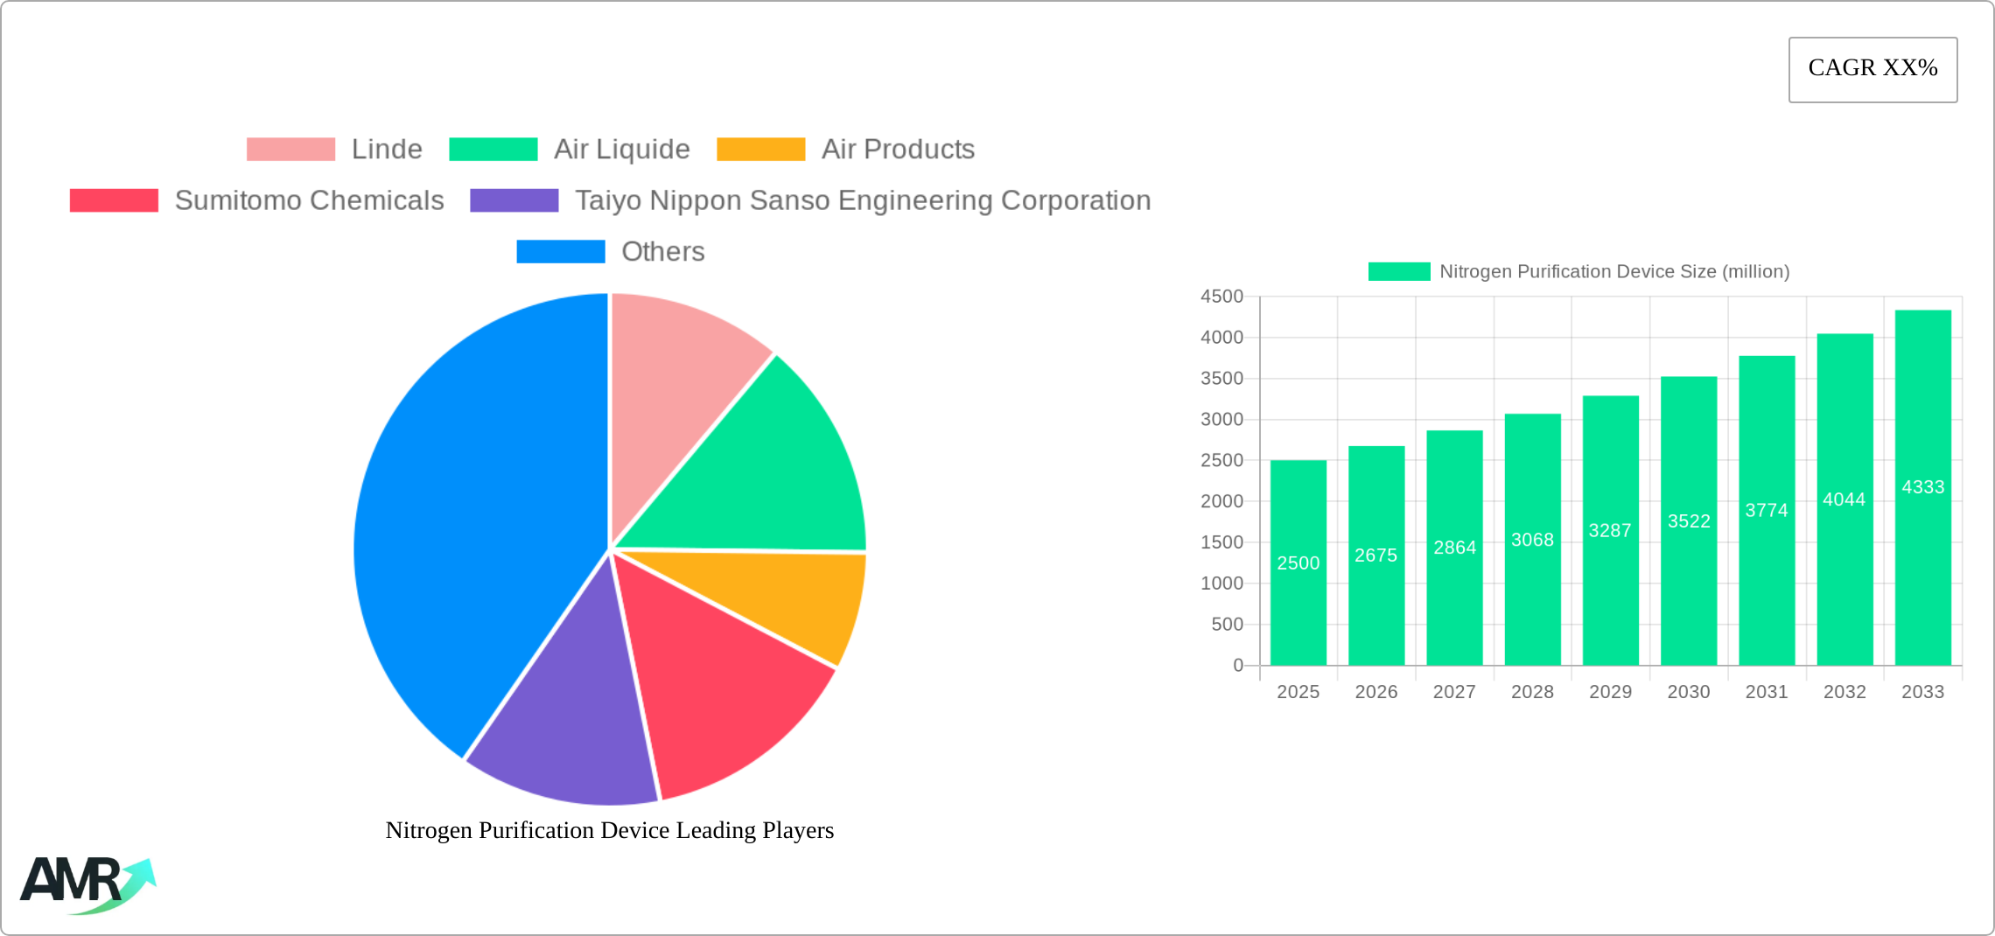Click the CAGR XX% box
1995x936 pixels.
(x=1872, y=69)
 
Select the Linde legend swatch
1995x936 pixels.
(x=290, y=150)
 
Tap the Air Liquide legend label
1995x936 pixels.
(x=621, y=150)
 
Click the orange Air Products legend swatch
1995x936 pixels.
(x=760, y=150)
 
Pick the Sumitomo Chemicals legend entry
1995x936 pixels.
(x=309, y=200)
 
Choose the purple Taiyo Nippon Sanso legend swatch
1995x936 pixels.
(x=514, y=200)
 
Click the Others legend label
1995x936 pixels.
(x=662, y=252)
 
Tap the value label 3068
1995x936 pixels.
(x=1532, y=540)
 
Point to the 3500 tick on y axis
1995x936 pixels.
(x=1221, y=379)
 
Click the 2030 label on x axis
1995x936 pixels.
(x=1688, y=692)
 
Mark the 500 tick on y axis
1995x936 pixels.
(x=1227, y=625)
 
